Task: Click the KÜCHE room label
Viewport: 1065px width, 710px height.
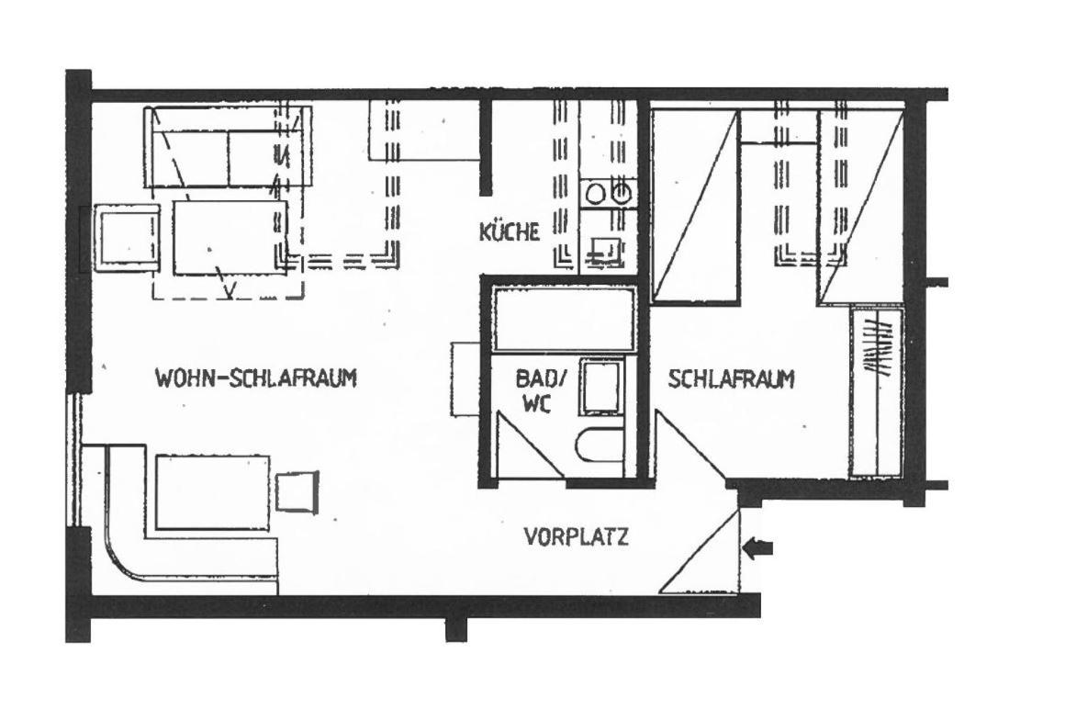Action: point(510,231)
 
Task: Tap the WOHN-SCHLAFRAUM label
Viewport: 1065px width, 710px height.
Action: point(256,378)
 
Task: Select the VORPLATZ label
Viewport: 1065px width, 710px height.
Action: point(576,536)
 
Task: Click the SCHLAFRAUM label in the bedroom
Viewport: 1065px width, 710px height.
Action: point(732,378)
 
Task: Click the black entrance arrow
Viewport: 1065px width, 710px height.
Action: point(758,548)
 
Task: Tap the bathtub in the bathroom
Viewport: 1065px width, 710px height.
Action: point(563,320)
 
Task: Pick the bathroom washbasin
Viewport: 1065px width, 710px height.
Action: point(601,388)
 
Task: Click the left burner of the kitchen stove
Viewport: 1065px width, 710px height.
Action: point(596,195)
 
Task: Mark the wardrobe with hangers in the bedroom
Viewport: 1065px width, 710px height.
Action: point(876,392)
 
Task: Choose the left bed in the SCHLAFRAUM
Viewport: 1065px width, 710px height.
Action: point(695,205)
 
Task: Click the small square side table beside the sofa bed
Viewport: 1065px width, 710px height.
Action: point(127,238)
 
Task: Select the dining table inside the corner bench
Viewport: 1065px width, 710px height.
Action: point(213,492)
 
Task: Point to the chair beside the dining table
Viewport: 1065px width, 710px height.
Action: point(297,490)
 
